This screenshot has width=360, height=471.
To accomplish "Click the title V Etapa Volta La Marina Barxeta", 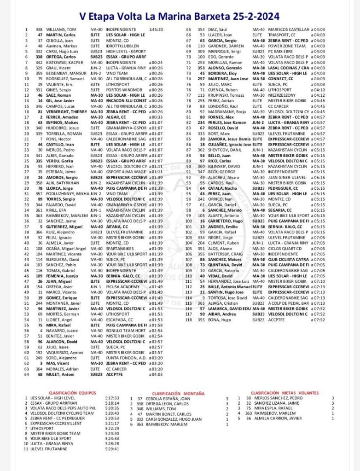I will click(x=180, y=17).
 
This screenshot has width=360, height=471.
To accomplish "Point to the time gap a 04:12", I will click(x=318, y=95).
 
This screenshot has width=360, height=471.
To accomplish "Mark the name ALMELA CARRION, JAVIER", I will click(x=274, y=418).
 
